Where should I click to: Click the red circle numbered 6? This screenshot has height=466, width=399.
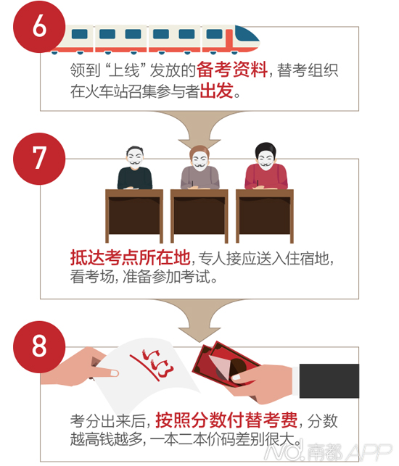pyautogui.click(x=39, y=27)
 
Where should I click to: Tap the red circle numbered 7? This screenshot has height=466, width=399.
pyautogui.click(x=39, y=159)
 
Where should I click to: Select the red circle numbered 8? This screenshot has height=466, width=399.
pyautogui.click(x=39, y=347)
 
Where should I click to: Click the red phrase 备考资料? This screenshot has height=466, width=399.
pyautogui.click(x=232, y=70)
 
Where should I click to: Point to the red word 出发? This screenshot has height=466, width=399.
pyautogui.click(x=216, y=91)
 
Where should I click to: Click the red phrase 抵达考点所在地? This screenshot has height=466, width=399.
pyautogui.click(x=130, y=257)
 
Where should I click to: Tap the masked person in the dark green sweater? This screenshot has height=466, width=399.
pyautogui.click(x=135, y=168)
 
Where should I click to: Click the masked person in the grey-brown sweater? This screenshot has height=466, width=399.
pyautogui.click(x=199, y=167)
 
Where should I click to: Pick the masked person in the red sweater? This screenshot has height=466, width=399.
pyautogui.click(x=266, y=166)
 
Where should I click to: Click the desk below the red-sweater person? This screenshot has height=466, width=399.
pyautogui.click(x=265, y=216)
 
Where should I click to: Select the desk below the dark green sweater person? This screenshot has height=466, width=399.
pyautogui.click(x=134, y=216)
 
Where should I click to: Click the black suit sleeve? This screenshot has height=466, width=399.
pyautogui.click(x=329, y=380)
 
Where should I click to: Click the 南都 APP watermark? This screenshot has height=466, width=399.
pyautogui.click(x=326, y=452)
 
